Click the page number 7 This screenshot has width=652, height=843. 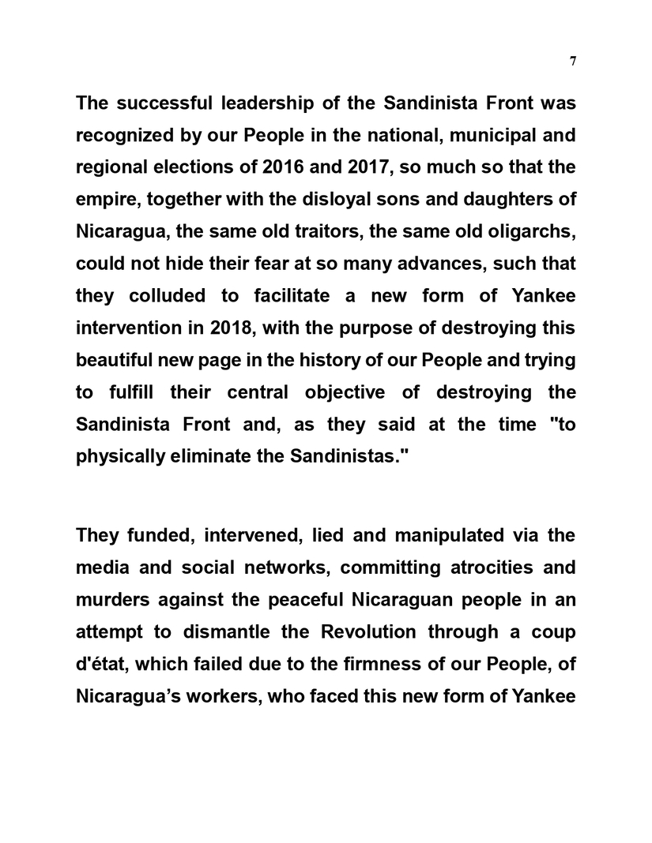(572, 62)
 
